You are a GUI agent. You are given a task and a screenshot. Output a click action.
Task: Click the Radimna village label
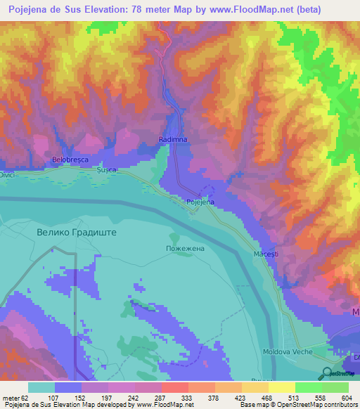(172, 140)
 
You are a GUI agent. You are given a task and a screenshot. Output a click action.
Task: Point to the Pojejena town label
(200, 202)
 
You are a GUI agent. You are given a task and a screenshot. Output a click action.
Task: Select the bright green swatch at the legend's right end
(335, 387)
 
